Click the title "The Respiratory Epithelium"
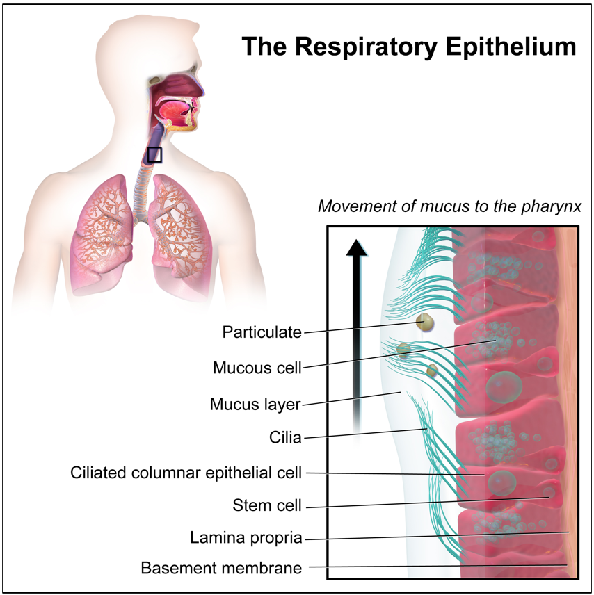point(409,47)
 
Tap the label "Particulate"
point(262,332)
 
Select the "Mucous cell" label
point(257,368)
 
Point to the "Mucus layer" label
point(255,404)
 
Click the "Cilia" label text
point(285,438)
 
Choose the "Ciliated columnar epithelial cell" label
point(186,473)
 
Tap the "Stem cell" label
point(267,505)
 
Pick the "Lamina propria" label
point(246,538)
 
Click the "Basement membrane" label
point(221,568)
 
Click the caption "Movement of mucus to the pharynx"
point(449,206)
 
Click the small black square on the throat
point(154,154)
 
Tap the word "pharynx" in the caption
point(557,207)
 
